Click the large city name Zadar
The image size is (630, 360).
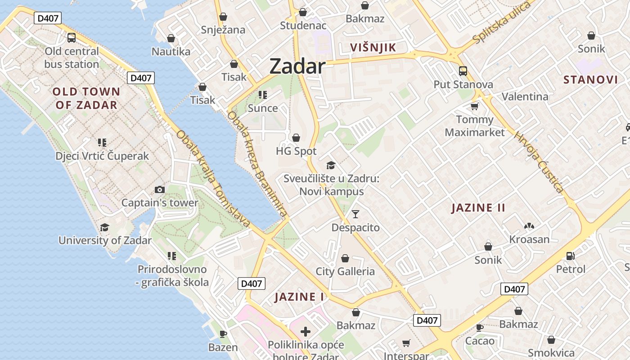(297, 67)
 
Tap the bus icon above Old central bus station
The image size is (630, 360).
(72, 38)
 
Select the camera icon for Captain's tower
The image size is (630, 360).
(159, 189)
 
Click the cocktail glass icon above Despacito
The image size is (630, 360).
(355, 214)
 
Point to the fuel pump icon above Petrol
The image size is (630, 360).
(570, 256)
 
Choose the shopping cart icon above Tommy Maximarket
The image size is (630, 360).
(474, 106)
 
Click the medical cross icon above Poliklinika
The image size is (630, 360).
(306, 332)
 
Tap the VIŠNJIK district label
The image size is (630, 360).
(373, 48)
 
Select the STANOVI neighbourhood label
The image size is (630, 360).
(590, 80)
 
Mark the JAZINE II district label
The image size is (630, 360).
(478, 208)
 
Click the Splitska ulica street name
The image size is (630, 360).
(502, 23)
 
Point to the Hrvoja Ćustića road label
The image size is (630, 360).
(539, 162)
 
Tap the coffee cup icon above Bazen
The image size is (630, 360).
(223, 334)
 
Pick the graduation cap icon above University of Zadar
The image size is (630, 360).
(105, 227)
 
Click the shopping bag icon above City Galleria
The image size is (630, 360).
(345, 258)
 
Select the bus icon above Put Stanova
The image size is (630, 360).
(463, 71)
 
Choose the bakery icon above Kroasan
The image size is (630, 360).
(529, 226)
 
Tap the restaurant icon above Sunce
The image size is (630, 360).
(263, 95)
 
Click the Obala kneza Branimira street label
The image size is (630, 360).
(257, 165)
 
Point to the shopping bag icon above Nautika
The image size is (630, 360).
(171, 38)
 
